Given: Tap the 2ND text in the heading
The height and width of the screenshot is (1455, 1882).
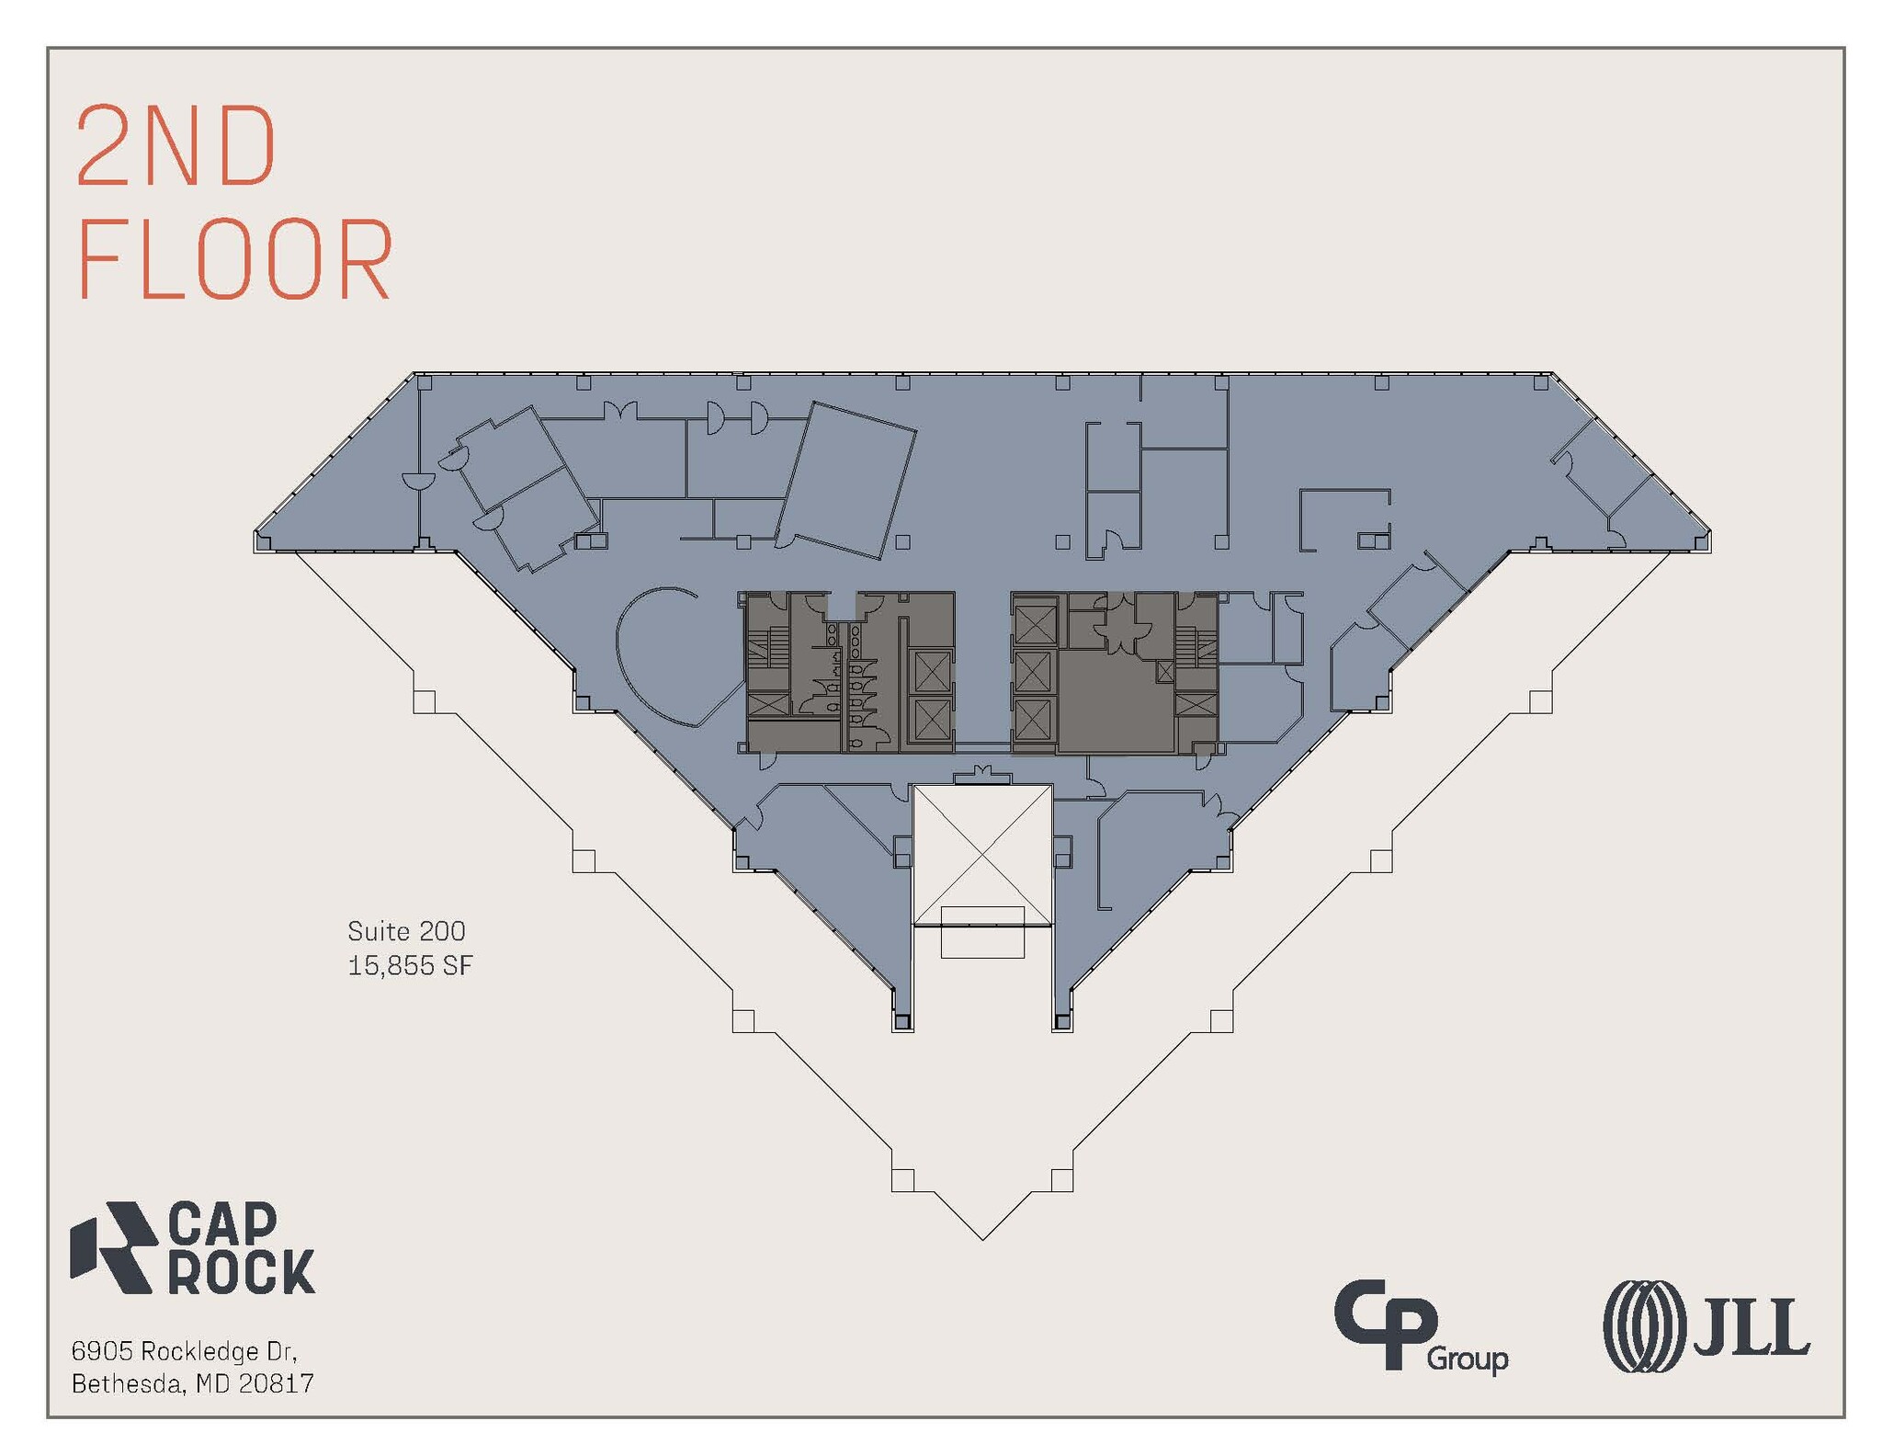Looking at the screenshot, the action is tap(176, 145).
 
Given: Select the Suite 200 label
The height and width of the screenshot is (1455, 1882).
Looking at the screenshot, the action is tap(406, 931).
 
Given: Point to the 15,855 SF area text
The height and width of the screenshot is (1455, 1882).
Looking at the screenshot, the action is tap(410, 965).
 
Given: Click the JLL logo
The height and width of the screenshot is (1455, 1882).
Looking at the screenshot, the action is tap(1706, 1326).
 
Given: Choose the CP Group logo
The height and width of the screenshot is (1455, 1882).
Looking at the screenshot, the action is tap(1421, 1327).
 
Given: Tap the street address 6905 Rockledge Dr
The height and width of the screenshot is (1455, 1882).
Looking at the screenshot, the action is tap(184, 1351).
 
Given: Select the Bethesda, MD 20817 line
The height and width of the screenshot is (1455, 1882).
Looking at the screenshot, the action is tap(193, 1383).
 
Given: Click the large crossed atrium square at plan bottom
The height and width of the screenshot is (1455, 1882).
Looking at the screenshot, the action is tap(981, 855).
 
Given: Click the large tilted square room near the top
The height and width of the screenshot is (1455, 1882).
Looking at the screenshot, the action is tap(845, 481).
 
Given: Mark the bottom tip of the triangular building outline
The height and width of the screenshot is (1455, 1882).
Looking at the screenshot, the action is tap(982, 1240).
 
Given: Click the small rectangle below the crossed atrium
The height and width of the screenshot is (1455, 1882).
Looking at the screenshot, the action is tap(982, 932).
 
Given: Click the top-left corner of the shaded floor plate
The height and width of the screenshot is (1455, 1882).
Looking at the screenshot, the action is tap(414, 373).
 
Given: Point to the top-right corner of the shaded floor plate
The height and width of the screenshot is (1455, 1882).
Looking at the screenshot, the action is tap(1551, 373).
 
